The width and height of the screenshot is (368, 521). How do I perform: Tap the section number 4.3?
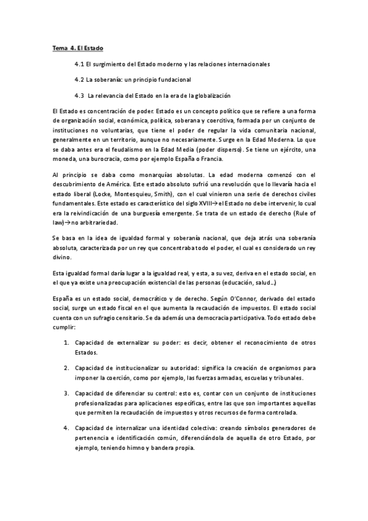click(79, 95)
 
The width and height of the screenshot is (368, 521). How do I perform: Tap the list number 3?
click(66, 393)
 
